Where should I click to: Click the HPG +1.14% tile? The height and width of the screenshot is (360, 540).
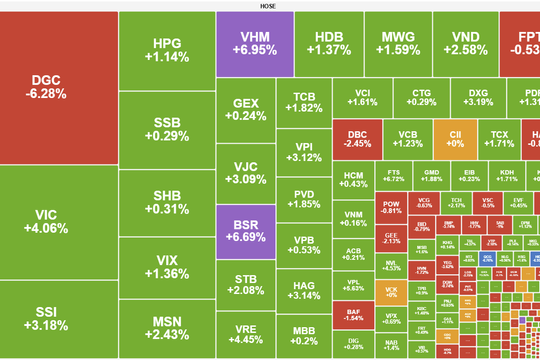pos(166,50)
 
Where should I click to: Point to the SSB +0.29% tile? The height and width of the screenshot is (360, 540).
pos(166,130)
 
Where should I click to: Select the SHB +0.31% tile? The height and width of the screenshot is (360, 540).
pos(166,202)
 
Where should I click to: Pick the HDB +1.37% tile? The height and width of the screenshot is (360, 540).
pos(328,42)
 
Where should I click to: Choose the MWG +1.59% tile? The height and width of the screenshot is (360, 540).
pos(400,42)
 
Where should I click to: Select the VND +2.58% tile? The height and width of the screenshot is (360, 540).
pos(466,42)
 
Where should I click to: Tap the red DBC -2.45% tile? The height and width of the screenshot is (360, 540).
pos(358,138)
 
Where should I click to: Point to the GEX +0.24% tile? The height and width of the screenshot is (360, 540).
pos(245,109)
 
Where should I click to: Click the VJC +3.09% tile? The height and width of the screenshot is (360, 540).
pos(245,173)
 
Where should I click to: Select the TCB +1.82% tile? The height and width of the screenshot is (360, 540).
pos(305,102)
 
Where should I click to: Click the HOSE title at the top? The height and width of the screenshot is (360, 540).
pos(270,5)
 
